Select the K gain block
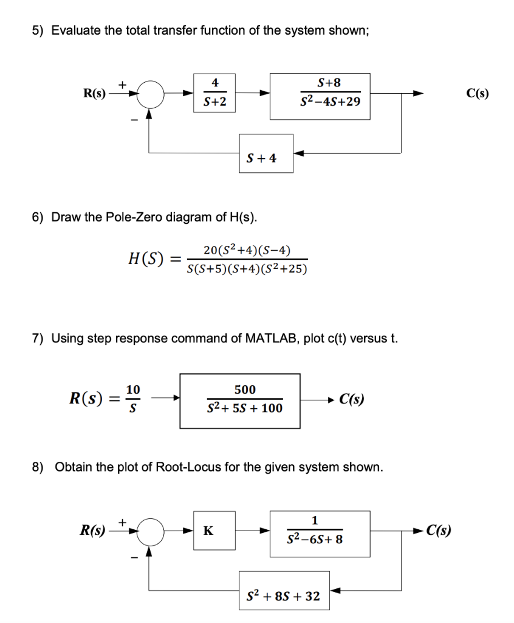click(x=208, y=531)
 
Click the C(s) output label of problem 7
click(x=352, y=400)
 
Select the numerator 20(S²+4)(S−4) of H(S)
click(x=247, y=250)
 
